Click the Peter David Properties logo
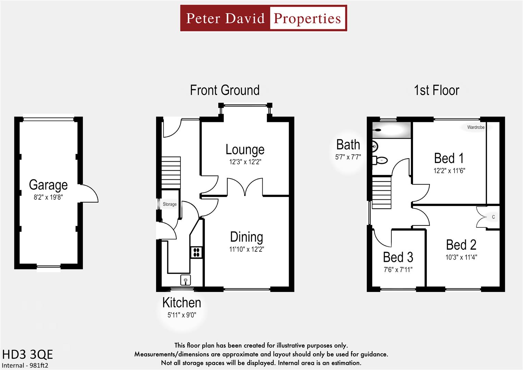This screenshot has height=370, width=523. (263, 18)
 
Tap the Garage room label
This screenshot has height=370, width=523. (48, 185)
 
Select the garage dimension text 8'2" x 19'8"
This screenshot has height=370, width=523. (48, 197)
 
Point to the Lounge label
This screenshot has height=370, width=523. (245, 150)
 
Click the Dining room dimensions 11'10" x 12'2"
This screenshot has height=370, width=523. (247, 249)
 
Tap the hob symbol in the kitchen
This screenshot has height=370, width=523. (197, 252)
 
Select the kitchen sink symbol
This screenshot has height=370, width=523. (186, 280)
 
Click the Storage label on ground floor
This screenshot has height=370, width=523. (170, 204)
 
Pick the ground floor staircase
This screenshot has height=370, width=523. (171, 173)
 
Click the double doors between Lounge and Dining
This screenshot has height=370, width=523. (245, 187)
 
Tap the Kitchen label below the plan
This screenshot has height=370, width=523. (182, 303)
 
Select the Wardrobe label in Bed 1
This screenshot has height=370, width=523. (476, 127)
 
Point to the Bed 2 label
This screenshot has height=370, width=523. (461, 245)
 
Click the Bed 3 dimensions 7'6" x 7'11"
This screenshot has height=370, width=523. (398, 270)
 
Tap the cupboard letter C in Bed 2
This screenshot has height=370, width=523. (493, 217)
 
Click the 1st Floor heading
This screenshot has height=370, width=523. (436, 90)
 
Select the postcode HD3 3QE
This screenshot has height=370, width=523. (28, 354)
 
